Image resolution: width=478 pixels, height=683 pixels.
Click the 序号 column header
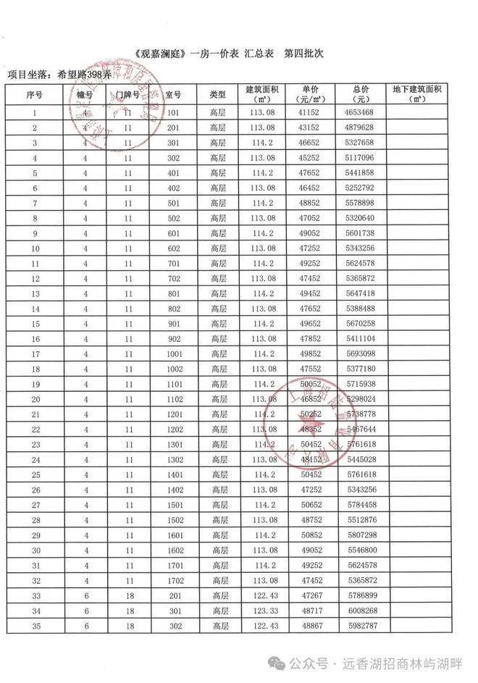coord(35,94)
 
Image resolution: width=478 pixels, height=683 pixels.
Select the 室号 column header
coord(172,94)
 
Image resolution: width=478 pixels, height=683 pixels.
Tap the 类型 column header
coord(218,94)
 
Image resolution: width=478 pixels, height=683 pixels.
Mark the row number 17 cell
coord(35,353)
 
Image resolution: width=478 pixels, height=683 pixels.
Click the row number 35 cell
coord(35,626)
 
